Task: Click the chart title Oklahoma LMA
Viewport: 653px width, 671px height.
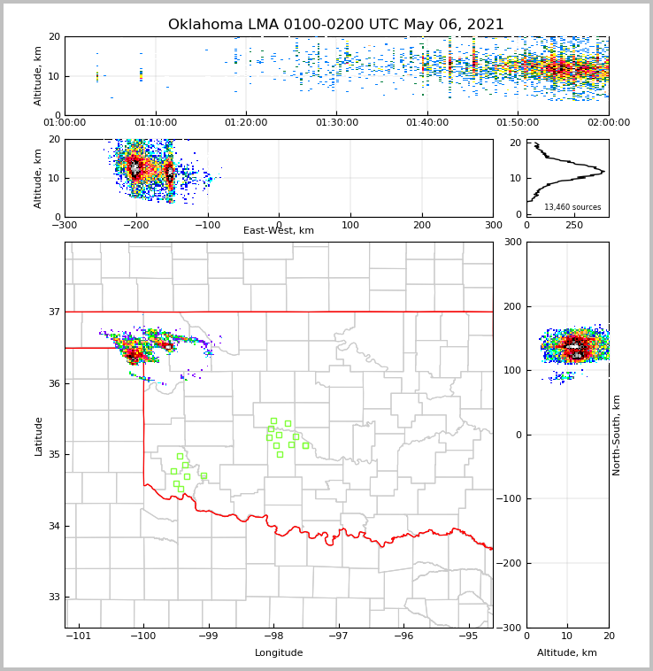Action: point(335,25)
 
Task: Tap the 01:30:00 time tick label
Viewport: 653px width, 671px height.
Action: point(336,123)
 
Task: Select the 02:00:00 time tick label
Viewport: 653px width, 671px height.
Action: point(609,123)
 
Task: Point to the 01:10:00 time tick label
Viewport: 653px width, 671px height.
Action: point(155,123)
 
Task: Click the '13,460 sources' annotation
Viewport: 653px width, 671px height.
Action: point(572,208)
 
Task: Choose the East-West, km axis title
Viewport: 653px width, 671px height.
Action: point(279,231)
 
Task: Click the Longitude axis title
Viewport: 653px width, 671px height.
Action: point(279,653)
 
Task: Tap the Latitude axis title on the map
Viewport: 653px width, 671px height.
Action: point(38,436)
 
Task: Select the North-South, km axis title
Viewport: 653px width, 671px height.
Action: point(617,435)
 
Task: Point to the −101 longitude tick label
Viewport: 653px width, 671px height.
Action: point(79,636)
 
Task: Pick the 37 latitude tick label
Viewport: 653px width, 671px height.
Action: point(53,312)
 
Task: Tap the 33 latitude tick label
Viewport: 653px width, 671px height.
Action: point(53,598)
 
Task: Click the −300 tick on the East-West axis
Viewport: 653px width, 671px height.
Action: point(65,225)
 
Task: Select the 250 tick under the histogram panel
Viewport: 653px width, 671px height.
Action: point(574,225)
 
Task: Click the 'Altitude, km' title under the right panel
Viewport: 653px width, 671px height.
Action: point(567,653)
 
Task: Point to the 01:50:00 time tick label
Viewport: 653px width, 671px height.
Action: point(518,123)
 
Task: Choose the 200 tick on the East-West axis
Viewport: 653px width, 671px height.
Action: point(421,225)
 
